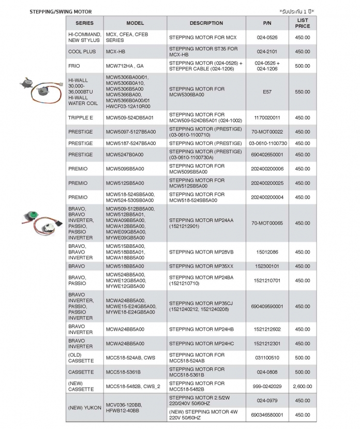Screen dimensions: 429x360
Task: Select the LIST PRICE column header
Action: [303, 23]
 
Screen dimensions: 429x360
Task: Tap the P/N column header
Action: [267, 23]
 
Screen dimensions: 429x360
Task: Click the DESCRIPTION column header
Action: [206, 23]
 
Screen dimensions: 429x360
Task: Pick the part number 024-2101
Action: [267, 52]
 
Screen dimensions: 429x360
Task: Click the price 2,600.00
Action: [303, 387]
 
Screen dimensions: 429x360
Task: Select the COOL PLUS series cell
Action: [82, 52]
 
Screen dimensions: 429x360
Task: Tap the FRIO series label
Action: [74, 66]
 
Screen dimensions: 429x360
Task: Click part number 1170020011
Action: [267, 117]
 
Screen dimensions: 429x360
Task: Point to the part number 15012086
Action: [267, 252]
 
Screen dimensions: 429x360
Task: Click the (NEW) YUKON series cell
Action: [84, 408]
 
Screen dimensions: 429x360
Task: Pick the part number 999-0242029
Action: [267, 387]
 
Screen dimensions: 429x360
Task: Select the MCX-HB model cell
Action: [115, 52]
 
